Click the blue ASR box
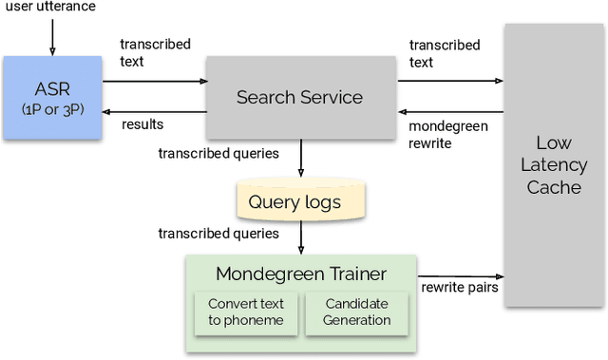[51, 98]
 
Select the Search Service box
[300, 97]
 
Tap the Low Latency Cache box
[554, 165]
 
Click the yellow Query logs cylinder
[300, 201]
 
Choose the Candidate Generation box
[357, 313]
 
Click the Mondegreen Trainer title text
[300, 275]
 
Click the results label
[142, 124]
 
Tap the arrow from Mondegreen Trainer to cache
[460, 273]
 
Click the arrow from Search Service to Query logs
[300, 159]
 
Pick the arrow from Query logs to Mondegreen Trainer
[300, 237]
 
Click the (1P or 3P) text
[51, 110]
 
